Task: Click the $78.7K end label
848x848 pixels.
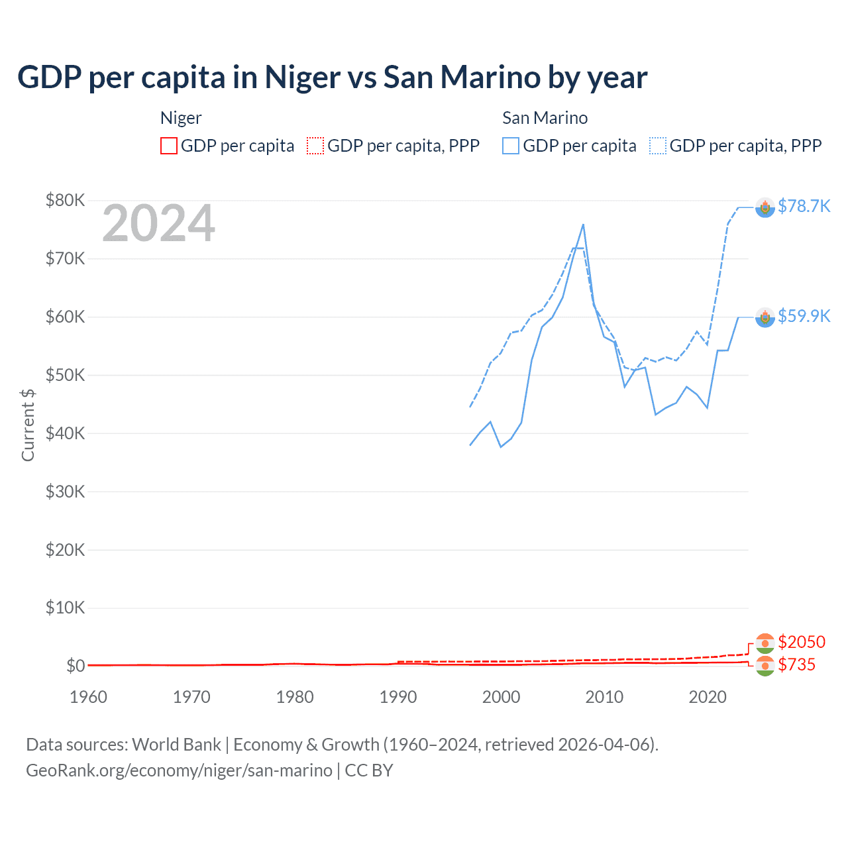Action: pos(804,207)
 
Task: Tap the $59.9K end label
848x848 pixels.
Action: pos(804,316)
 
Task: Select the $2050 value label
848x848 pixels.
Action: pos(802,642)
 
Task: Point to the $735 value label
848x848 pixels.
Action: pos(797,664)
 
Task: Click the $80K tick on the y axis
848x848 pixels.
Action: pos(65,200)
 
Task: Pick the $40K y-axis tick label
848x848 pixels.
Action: pos(65,433)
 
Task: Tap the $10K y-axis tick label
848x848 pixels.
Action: pos(65,608)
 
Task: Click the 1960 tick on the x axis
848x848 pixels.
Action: pos(88,697)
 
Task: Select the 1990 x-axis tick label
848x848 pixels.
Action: pos(398,697)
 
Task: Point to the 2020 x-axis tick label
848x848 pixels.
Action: pos(708,697)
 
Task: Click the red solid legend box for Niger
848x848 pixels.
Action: pos(169,146)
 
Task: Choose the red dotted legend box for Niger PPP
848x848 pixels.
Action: pos(315,146)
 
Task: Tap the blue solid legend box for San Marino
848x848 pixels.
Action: pos(511,146)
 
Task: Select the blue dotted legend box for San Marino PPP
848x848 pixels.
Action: pos(658,146)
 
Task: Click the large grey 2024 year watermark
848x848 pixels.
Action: pos(158,223)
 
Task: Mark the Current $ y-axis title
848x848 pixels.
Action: pos(28,425)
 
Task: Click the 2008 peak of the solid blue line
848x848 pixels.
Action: pos(583,225)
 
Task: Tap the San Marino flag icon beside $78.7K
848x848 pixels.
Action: pos(765,208)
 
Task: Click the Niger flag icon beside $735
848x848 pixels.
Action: pos(765,666)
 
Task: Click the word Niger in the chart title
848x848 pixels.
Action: pos(302,78)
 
